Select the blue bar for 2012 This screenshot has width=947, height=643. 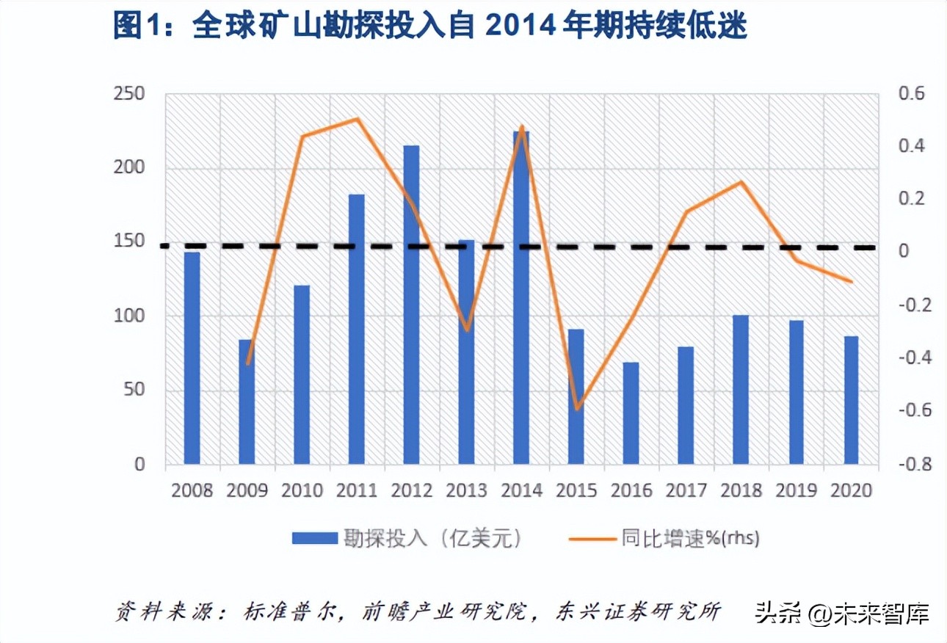click(x=411, y=305)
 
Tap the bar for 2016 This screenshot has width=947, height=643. click(x=631, y=413)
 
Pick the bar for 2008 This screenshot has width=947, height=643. click(x=192, y=358)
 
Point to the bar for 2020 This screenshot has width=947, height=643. click(x=851, y=400)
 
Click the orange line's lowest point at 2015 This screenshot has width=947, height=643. click(x=578, y=409)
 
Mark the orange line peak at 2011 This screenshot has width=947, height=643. click(x=357, y=119)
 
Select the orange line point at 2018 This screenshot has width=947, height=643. click(x=741, y=182)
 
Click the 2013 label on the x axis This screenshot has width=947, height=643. click(x=467, y=490)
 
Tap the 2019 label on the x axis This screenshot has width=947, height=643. click(x=796, y=490)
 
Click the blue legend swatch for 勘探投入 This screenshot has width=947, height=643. click(x=313, y=539)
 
